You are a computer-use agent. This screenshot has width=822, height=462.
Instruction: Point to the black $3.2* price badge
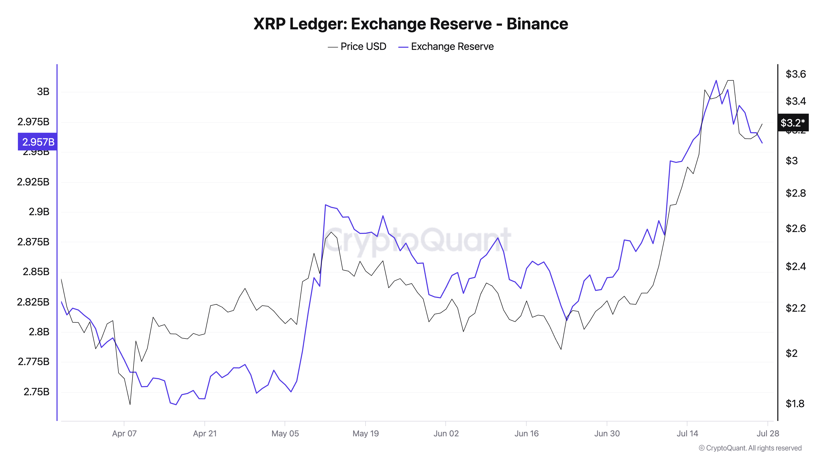tap(793, 122)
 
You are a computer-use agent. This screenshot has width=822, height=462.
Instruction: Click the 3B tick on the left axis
tap(43, 92)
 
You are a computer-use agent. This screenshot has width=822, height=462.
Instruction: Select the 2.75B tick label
tap(36, 392)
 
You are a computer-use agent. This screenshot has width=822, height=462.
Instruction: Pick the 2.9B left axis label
tap(39, 212)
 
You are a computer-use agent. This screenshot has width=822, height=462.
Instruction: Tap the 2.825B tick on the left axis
tap(33, 302)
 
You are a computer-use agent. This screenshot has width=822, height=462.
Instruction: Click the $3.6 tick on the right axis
tap(795, 74)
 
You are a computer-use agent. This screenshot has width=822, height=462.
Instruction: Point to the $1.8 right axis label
tap(794, 404)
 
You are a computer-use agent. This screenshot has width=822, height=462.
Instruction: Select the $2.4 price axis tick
tap(795, 266)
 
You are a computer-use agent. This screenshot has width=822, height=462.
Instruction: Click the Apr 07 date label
tap(124, 434)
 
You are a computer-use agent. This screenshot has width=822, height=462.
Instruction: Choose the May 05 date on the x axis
tap(285, 434)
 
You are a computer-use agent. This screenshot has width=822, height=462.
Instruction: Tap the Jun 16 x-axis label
tap(526, 434)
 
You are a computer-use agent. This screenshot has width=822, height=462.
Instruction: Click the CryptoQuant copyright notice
tap(750, 448)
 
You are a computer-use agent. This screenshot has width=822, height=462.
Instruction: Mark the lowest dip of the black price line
tap(130, 405)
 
